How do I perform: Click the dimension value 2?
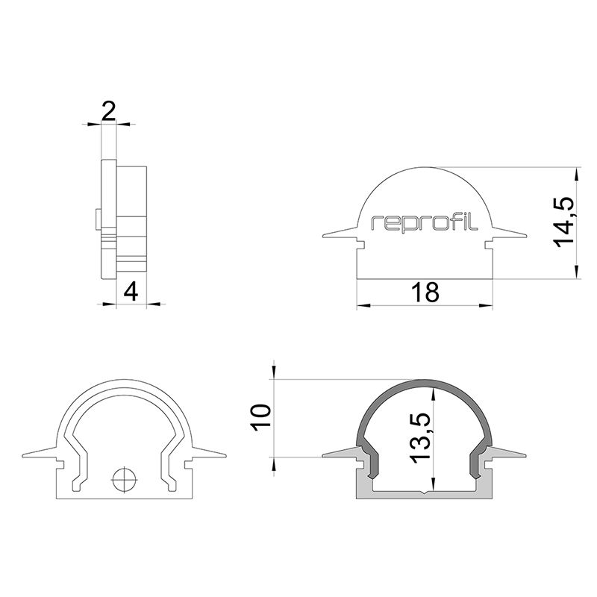click(109, 112)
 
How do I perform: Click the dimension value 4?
click(131, 291)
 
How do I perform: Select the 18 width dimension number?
click(425, 293)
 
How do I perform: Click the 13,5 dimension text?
click(419, 439)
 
